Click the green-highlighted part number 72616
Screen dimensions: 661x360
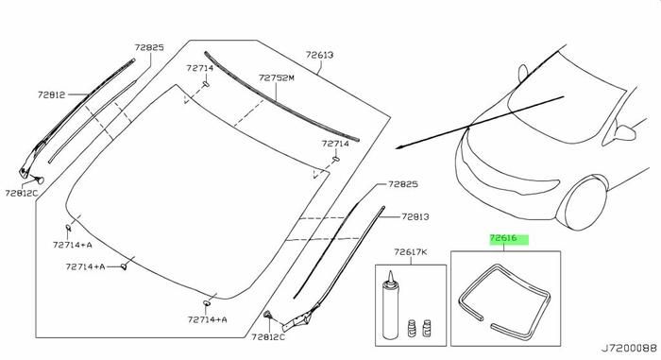(x=503, y=238)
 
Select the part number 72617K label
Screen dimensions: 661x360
(x=411, y=252)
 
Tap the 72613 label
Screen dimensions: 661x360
(x=319, y=56)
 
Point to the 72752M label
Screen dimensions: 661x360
(x=276, y=78)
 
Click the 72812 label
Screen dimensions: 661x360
(x=51, y=94)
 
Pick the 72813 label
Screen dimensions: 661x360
(x=415, y=217)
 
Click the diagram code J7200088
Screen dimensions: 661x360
(x=629, y=349)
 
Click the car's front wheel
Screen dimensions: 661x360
(x=585, y=203)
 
